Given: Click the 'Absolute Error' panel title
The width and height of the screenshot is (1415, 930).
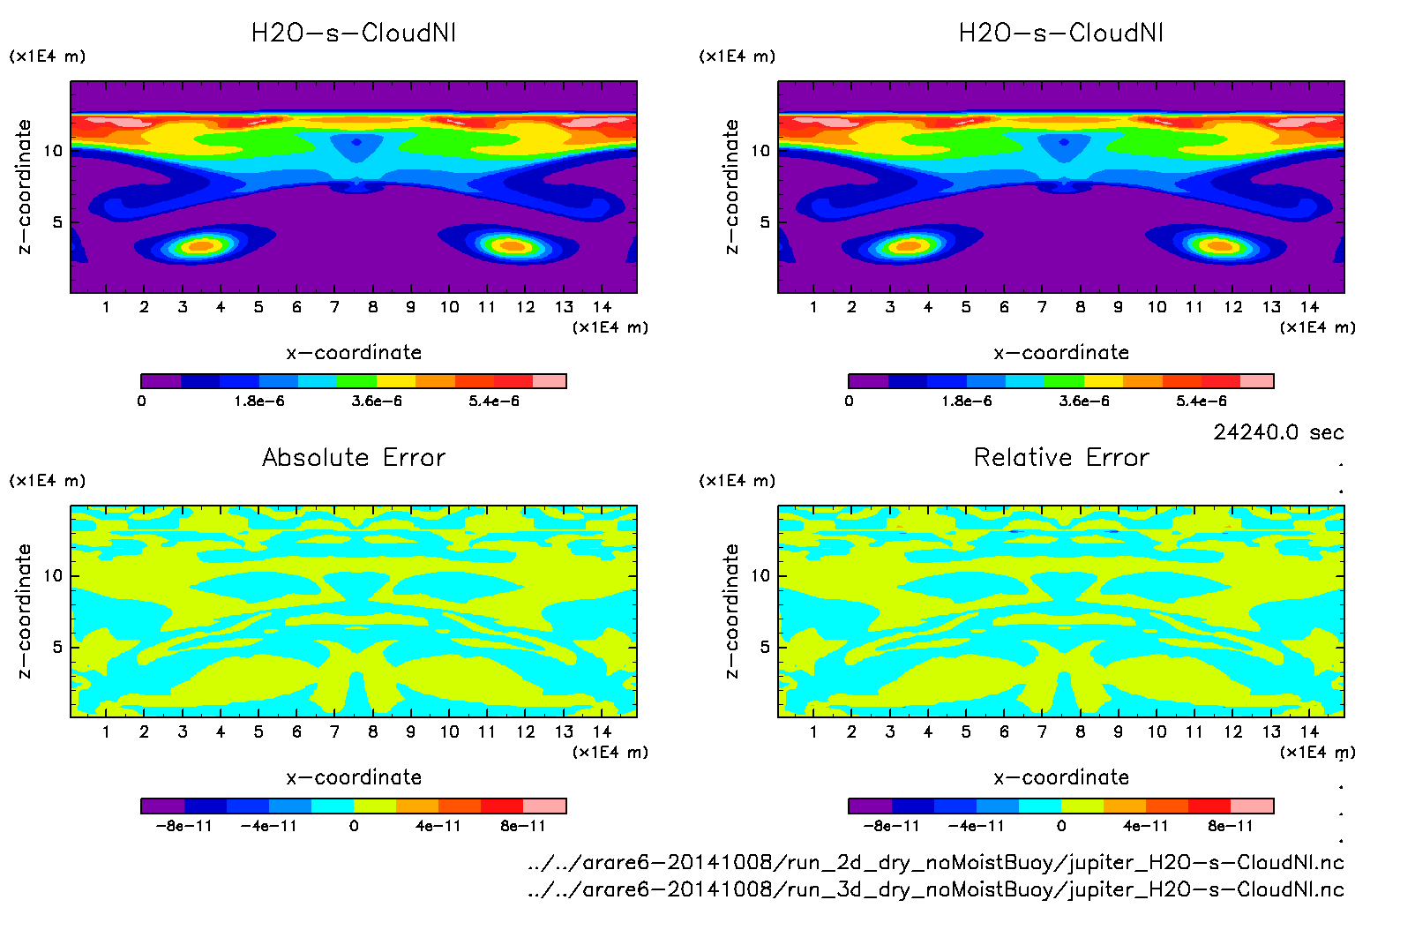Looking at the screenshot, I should pos(354,457).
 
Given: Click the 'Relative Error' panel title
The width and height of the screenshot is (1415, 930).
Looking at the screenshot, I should pos(1061,457).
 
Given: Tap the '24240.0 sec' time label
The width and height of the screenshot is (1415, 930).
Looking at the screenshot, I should pos(1278,432).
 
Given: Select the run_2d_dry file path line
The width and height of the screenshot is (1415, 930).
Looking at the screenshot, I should pos(935,862).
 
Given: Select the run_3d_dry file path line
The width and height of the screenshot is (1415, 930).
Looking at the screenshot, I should pos(935,889).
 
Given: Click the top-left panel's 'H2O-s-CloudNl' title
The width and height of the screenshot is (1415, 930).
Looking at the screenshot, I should pos(354,34).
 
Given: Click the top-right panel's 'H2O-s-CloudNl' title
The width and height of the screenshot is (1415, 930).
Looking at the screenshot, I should pos(1061,34).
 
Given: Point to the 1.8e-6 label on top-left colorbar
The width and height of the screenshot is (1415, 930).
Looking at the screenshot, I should pos(259,401).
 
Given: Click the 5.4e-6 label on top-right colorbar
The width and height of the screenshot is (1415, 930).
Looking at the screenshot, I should pos(1202,401).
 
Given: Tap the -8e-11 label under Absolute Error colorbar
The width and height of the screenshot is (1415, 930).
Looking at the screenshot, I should pos(183,827).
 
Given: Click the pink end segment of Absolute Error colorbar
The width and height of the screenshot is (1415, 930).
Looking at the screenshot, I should pos(545,806).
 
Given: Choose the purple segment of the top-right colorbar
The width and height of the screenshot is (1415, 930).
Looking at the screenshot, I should pos(868,381).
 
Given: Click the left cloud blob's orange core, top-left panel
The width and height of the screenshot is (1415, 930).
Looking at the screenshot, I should pos(202,246).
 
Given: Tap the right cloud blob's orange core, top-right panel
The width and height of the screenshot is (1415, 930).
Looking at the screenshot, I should pos(1220,246).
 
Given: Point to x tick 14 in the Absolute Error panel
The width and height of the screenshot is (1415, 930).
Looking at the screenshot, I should pos(603,731).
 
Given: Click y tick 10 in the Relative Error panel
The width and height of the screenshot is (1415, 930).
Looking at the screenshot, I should pos(760,576).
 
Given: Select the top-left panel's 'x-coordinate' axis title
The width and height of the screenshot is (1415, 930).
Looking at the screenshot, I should pos(354,353).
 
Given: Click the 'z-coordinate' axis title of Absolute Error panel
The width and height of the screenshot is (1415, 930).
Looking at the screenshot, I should pos(24,611).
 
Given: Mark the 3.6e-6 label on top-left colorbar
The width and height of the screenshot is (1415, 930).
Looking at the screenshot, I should pos(377,401).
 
